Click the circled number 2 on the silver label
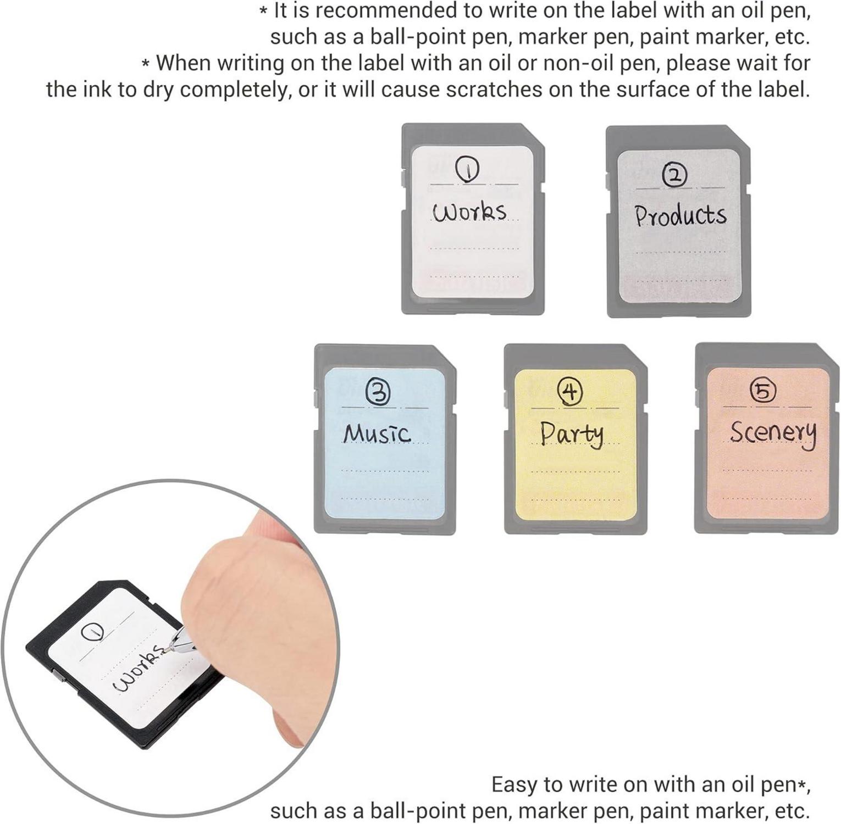pos(674,176)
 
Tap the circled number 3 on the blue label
pos(378,393)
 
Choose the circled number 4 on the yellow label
pos(570,391)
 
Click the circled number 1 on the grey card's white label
pos(467,169)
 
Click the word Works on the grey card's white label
pos(469,211)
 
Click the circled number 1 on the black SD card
pos(92,633)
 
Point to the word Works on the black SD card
pos(138,668)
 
